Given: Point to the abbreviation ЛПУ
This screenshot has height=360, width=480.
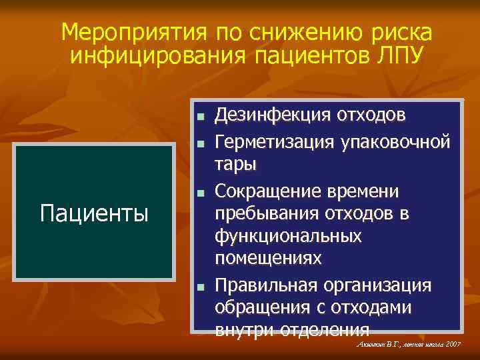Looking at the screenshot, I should (x=397, y=55).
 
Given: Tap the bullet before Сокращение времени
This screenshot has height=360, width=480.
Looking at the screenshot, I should (x=199, y=193).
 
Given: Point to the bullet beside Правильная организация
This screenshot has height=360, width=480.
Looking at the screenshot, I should (x=199, y=287).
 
